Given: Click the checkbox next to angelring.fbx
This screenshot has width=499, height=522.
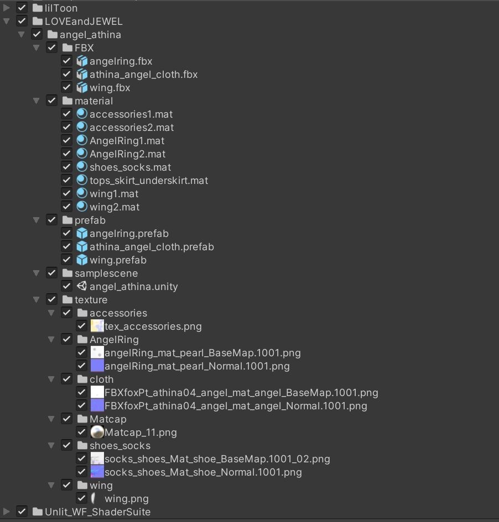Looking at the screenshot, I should pyautogui.click(x=66, y=61).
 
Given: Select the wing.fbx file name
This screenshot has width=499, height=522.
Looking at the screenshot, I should pyautogui.click(x=110, y=87).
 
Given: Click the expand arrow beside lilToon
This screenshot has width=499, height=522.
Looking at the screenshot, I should pyautogui.click(x=7, y=8).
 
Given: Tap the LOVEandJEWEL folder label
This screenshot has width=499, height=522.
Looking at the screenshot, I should pyautogui.click(x=84, y=21).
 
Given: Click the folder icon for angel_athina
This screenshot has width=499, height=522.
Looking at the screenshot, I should pyautogui.click(x=53, y=34).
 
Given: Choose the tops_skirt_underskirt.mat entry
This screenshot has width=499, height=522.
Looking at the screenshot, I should pyautogui.click(x=148, y=180).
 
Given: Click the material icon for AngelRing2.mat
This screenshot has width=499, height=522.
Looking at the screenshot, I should pyautogui.click(x=82, y=154).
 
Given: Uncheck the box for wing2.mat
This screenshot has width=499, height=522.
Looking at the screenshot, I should pyautogui.click(x=66, y=207).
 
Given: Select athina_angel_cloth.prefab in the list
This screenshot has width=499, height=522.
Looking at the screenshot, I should pyautogui.click(x=151, y=246).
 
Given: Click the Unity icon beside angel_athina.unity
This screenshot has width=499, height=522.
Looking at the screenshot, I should pyautogui.click(x=82, y=286).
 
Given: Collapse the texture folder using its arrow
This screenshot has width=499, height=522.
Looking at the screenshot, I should pyautogui.click(x=37, y=299).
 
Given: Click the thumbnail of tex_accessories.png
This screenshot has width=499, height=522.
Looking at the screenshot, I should pyautogui.click(x=97, y=326).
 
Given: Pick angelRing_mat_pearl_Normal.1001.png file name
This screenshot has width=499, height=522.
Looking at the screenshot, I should pyautogui.click(x=196, y=366).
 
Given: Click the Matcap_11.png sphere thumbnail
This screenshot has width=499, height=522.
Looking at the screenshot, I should pyautogui.click(x=97, y=432).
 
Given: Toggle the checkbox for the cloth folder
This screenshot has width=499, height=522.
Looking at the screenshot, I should pyautogui.click(x=66, y=379).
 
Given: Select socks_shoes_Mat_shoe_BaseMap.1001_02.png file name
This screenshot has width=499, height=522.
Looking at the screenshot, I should pyautogui.click(x=217, y=458).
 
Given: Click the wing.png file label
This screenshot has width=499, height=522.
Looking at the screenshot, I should pyautogui.click(x=127, y=498).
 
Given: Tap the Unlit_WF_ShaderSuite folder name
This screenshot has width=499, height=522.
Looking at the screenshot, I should pyautogui.click(x=97, y=512).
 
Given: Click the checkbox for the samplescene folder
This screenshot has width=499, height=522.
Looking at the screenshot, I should pyautogui.click(x=51, y=273).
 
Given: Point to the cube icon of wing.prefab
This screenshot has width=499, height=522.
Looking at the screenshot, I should pyautogui.click(x=82, y=260).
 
